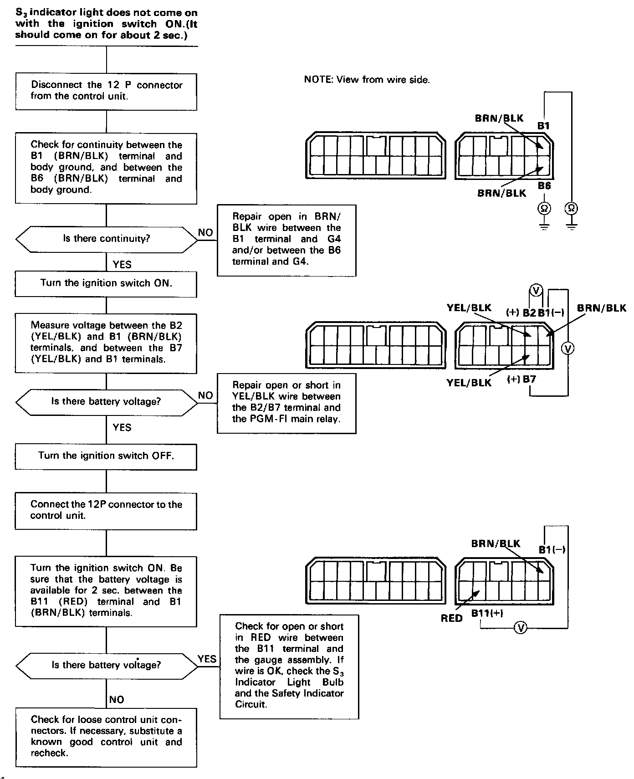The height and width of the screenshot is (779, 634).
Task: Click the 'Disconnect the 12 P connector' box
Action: (x=106, y=91)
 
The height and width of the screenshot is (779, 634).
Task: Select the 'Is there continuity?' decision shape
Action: (x=106, y=239)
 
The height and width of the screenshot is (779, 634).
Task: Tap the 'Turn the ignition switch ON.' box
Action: (x=106, y=283)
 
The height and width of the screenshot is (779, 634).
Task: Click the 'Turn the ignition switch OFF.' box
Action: (x=106, y=456)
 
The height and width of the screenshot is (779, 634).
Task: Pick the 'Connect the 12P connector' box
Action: (x=106, y=510)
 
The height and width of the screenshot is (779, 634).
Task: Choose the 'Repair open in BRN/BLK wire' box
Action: (x=286, y=240)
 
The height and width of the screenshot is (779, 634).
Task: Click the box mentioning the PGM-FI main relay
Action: (x=286, y=402)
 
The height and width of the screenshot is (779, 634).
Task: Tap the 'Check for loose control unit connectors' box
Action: (x=106, y=737)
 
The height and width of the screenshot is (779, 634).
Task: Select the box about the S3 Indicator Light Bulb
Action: (x=289, y=666)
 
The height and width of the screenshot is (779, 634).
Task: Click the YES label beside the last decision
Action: (x=207, y=659)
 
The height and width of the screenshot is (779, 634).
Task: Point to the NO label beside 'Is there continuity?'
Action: (x=205, y=233)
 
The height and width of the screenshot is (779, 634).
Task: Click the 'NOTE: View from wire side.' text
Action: (x=367, y=80)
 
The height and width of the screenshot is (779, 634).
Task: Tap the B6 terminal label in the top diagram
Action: (x=544, y=186)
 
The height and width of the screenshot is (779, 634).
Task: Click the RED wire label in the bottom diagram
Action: (x=451, y=618)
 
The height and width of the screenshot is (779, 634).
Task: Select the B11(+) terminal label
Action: (x=487, y=613)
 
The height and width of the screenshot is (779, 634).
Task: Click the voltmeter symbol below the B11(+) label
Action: (x=520, y=628)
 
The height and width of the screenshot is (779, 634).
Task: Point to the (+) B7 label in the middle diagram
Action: (x=522, y=379)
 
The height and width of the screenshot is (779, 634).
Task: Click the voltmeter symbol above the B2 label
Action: (x=536, y=290)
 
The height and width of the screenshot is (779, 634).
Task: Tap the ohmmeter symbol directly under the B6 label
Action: (x=544, y=209)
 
